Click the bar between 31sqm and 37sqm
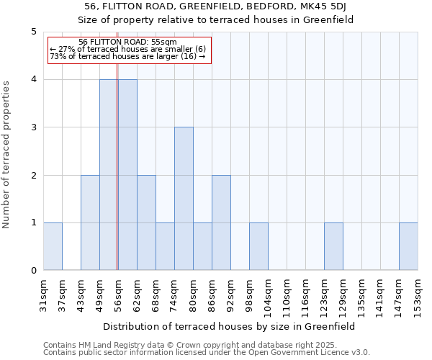click(x=53, y=246)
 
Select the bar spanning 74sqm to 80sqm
click(x=184, y=199)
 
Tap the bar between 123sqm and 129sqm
click(x=333, y=246)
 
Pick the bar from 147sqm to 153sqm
click(x=408, y=246)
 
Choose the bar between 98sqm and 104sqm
click(x=258, y=246)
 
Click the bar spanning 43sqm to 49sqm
click(x=90, y=222)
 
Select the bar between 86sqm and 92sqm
click(x=221, y=222)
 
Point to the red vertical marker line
click(x=117, y=173)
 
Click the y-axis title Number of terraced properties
click(x=7, y=155)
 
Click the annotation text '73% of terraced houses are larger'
click(x=127, y=56)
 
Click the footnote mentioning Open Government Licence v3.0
click(x=207, y=353)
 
